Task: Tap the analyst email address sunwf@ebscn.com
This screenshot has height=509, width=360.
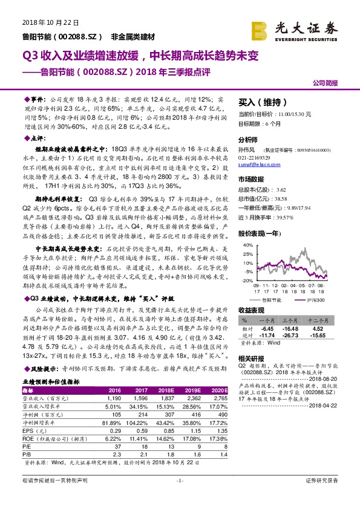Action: pos(257,164)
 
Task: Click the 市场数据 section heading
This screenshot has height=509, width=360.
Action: pos(251,179)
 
